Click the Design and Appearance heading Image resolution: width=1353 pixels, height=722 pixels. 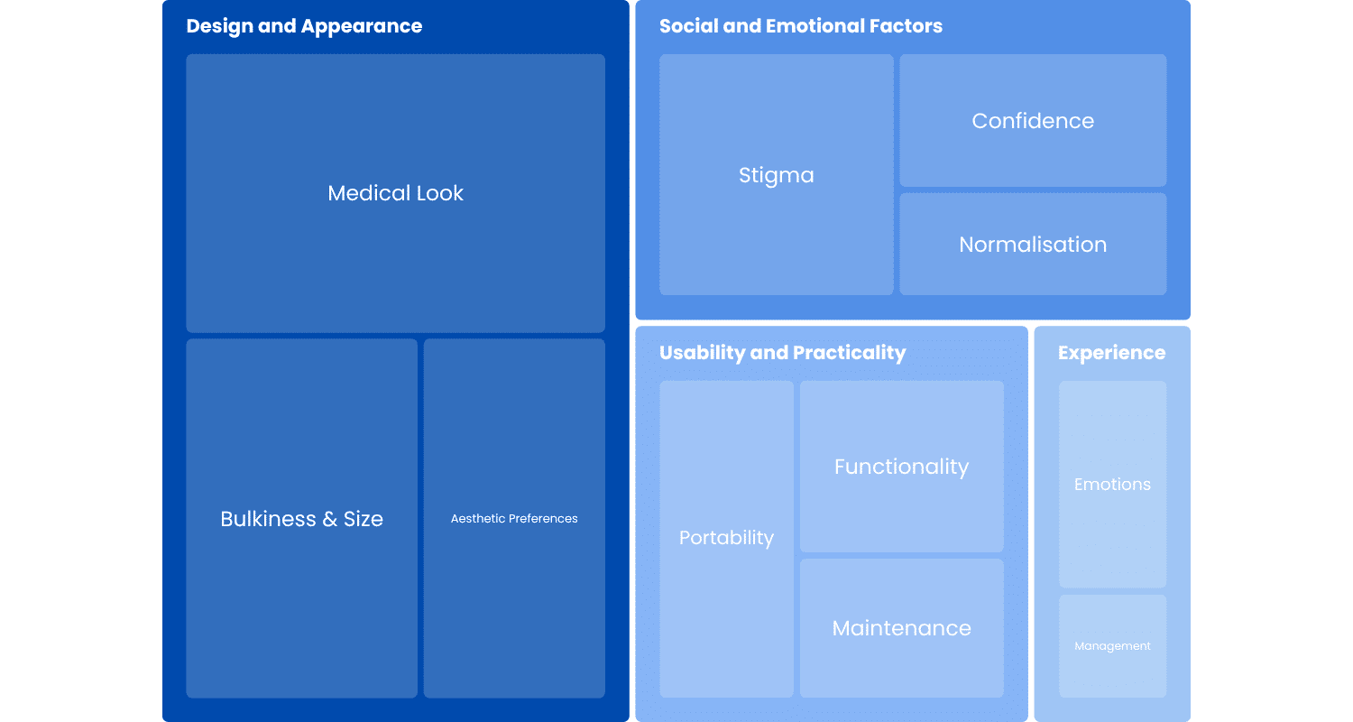point(304,26)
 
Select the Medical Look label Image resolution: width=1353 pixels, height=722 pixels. point(395,193)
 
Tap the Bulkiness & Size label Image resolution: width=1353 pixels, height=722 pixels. point(301,519)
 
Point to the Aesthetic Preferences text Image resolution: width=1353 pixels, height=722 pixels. point(514,519)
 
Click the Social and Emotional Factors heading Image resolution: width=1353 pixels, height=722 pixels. point(800,26)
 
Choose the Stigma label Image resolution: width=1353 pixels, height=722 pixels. point(776,175)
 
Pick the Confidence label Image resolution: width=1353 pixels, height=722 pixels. point(1033,121)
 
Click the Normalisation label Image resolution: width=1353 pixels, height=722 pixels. point(1033,245)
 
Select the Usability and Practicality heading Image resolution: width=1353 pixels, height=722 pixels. point(782,353)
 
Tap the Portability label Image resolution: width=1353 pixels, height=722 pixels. point(726,538)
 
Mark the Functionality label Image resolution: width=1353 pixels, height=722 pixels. point(901,467)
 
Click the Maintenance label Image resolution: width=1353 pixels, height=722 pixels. point(901,628)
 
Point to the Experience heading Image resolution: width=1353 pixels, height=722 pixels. point(1111,353)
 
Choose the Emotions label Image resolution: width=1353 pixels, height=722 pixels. point(1112,485)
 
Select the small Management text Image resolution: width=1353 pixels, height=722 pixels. point(1112,646)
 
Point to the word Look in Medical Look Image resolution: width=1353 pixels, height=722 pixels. point(439,193)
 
